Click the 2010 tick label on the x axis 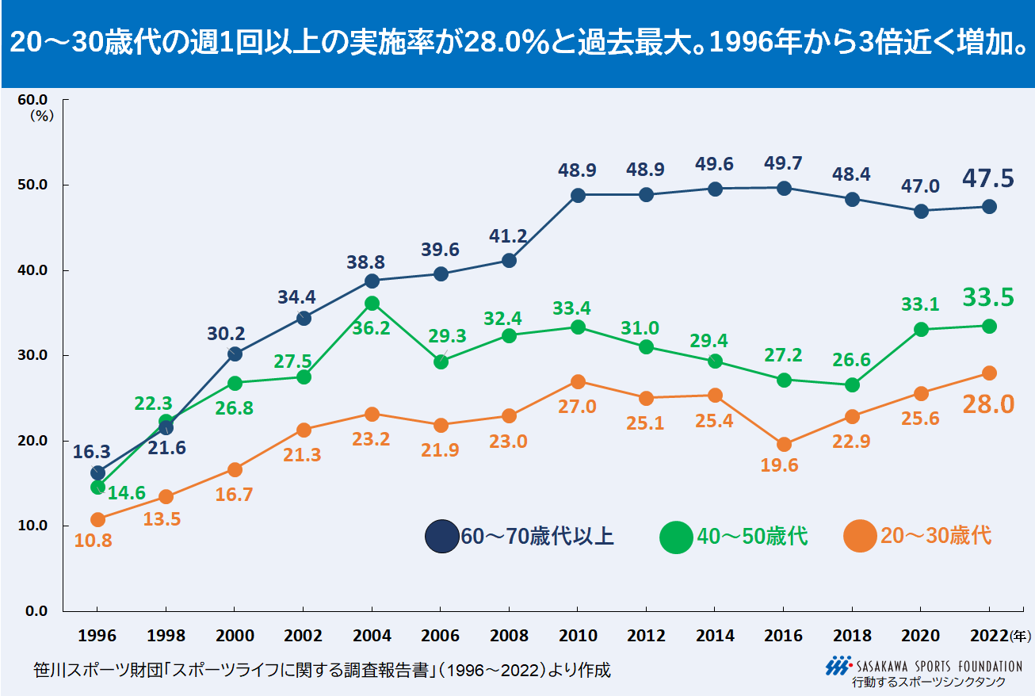click(x=578, y=636)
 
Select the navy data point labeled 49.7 click(x=784, y=188)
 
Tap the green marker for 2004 click(x=372, y=303)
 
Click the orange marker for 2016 click(x=784, y=445)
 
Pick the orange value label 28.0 click(x=988, y=404)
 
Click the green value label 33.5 click(x=988, y=297)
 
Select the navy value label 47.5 click(x=988, y=178)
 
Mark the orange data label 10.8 click(x=94, y=541)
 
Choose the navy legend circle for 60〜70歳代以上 click(x=441, y=537)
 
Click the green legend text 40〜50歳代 click(x=752, y=537)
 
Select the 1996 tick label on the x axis click(x=97, y=636)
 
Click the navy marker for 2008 click(x=509, y=260)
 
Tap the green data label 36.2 click(x=372, y=327)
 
